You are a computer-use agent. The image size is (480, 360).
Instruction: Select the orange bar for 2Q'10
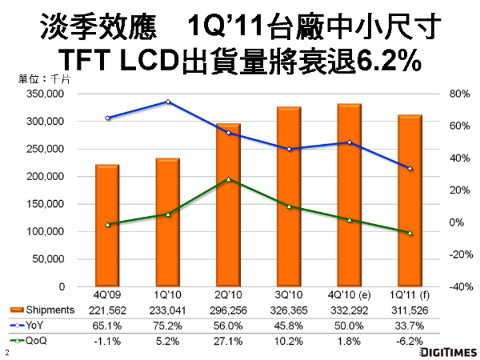228,205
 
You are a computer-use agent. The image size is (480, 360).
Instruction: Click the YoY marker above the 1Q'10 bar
168,102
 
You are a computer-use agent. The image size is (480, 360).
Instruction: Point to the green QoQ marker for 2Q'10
228,179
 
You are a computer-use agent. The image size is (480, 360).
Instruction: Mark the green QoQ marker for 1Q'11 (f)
410,233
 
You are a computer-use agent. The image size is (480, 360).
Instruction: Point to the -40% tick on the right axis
457,286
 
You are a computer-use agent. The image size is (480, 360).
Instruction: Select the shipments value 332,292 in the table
349,310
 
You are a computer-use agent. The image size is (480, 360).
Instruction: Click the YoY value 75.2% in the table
168,326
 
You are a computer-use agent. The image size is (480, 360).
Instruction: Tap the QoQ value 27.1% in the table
228,341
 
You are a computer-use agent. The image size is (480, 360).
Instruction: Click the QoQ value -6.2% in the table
410,341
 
